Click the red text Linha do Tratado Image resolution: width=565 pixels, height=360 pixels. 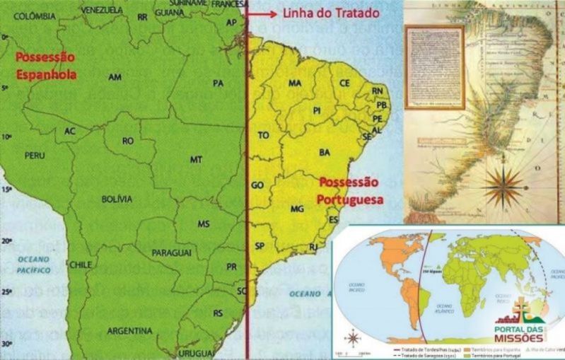click(x=331, y=13)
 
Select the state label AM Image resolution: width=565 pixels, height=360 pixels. click(x=115, y=76)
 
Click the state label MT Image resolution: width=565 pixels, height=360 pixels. click(x=196, y=160)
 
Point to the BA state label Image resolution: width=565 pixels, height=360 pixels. click(x=325, y=152)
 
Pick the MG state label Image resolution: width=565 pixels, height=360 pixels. click(x=297, y=209)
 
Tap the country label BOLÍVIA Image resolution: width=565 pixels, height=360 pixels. click(x=117, y=199)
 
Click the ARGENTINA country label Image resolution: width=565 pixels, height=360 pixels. click(x=129, y=330)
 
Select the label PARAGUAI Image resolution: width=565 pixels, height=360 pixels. click(x=170, y=252)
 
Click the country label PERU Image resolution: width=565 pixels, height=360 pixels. click(x=35, y=154)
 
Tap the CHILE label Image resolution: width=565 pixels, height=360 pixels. click(x=81, y=265)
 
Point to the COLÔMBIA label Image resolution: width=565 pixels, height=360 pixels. click(x=34, y=16)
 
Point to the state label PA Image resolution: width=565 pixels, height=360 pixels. click(x=218, y=83)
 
